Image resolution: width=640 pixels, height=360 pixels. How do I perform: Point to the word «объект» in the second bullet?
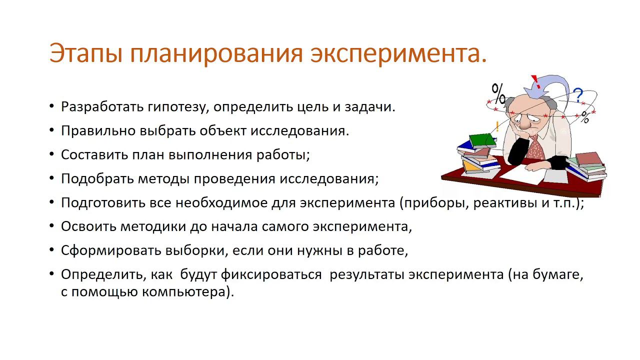point(222,131)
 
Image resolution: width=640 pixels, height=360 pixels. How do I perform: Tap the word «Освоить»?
point(88,226)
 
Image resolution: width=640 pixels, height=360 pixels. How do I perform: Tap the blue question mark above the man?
point(578,95)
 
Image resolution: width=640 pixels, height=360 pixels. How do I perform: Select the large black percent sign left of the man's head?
point(498,93)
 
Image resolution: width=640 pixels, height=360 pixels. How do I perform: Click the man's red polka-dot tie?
point(535,147)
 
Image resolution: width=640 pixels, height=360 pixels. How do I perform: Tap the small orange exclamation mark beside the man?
point(497,126)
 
